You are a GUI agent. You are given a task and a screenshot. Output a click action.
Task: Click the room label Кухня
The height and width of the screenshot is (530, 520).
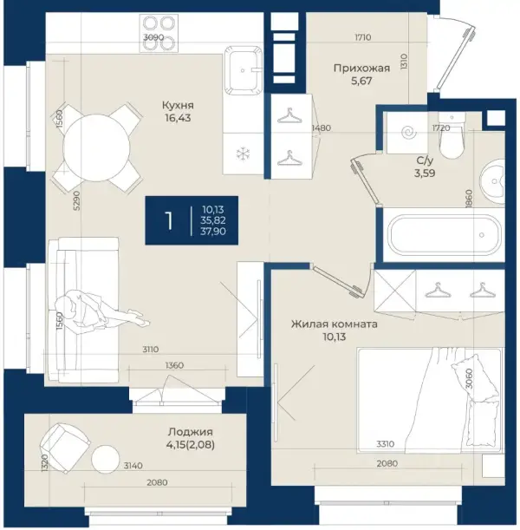point(178,106)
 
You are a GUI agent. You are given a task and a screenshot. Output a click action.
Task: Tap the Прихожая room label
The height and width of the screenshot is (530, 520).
point(361,69)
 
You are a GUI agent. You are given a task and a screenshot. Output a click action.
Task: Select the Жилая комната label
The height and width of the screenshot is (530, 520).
point(335,324)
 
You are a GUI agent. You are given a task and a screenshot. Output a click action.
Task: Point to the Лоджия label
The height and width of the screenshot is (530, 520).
point(191,432)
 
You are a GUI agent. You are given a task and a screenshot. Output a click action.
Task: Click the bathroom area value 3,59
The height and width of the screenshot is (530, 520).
point(425,173)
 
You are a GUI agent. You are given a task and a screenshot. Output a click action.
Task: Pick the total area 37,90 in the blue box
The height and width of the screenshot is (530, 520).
point(213,232)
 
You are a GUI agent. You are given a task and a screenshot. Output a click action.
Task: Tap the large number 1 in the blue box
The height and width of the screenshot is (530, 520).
point(168,220)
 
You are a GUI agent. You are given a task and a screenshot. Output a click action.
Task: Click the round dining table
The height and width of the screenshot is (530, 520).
point(96,147)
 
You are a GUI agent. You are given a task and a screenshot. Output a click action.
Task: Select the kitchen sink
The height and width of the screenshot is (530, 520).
point(244,69)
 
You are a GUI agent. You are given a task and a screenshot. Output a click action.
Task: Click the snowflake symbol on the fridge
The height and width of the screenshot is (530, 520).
point(242,154)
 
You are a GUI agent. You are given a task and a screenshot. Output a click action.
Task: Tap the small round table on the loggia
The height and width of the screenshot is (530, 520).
point(106,459)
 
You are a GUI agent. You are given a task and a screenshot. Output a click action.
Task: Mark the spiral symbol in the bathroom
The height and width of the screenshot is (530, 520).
point(407,133)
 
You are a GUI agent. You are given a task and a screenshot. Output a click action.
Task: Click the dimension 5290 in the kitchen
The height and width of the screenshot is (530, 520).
point(77,200)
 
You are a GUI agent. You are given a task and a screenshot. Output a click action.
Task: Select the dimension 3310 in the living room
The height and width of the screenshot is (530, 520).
point(386,444)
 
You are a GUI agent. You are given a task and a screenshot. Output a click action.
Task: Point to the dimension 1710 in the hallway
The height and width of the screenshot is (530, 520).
point(362,37)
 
